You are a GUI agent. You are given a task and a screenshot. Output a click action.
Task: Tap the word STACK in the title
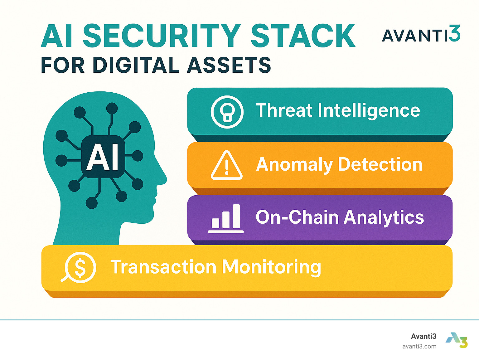click(x=303, y=36)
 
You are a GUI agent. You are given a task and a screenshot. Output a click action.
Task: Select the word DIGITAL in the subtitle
click(x=136, y=65)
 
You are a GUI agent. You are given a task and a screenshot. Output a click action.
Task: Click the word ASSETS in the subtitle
click(x=229, y=65)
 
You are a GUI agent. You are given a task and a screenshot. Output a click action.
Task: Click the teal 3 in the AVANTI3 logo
click(x=454, y=33)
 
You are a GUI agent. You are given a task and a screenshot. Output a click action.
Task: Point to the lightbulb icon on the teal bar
click(x=227, y=112)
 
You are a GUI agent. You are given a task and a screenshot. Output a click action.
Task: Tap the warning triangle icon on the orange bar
click(x=227, y=165)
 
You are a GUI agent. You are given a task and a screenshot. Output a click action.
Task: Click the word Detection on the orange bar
click(x=380, y=164)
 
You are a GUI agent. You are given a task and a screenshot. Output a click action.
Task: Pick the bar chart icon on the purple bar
click(x=226, y=219)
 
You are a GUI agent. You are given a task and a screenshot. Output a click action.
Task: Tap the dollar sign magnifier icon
click(x=78, y=267)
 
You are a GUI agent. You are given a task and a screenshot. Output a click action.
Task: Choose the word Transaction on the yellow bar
click(x=163, y=266)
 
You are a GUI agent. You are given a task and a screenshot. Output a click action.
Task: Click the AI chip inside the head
click(x=103, y=157)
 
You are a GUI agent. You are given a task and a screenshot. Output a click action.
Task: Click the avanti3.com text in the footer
click(x=419, y=347)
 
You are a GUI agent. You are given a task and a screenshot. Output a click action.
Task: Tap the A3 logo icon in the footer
click(x=457, y=340)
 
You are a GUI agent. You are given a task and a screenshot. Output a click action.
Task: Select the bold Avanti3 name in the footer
click(x=423, y=336)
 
